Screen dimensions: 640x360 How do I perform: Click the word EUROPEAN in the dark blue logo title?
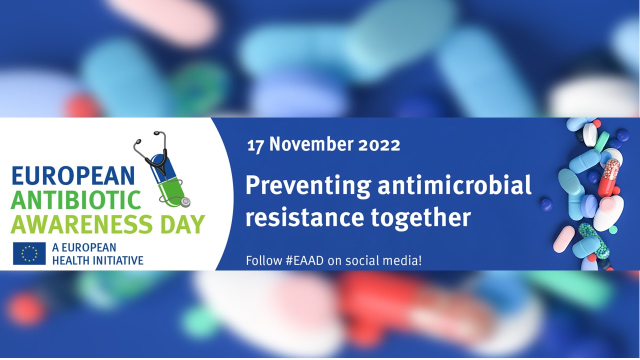[73, 175]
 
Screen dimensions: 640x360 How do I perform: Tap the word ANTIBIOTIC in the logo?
[76, 199]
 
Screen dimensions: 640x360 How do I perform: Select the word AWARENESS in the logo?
[81, 223]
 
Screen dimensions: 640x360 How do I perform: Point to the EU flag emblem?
[29, 253]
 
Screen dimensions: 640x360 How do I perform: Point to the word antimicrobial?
[454, 184]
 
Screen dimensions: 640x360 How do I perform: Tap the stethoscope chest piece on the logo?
[185, 201]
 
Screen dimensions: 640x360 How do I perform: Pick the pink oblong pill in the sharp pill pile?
[563, 239]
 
